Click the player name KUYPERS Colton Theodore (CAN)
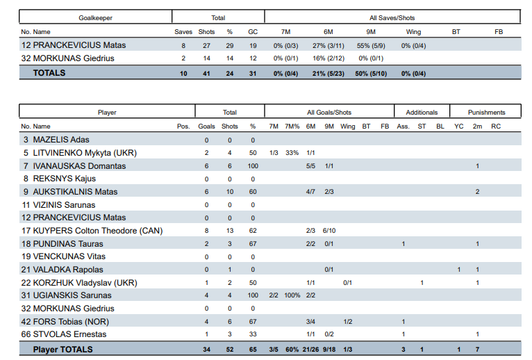[x=98, y=231]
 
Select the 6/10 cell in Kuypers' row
[x=329, y=231]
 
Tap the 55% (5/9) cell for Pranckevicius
[x=371, y=46]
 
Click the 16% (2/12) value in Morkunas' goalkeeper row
[x=329, y=58]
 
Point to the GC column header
[x=253, y=32]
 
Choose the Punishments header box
[x=485, y=111]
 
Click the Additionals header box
[x=422, y=111]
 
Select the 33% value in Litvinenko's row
[x=292, y=153]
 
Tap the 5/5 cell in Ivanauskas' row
[x=310, y=166]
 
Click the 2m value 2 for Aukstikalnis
[x=477, y=192]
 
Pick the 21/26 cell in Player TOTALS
[x=310, y=350]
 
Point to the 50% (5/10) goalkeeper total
[x=371, y=74]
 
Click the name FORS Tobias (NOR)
[x=71, y=322]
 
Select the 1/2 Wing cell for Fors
[x=348, y=322]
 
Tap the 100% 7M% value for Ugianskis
[x=292, y=295]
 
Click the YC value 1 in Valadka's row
[x=458, y=270]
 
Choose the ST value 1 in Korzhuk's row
[x=422, y=283]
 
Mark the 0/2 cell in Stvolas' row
[x=329, y=334]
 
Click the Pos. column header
[x=183, y=126]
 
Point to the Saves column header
[x=183, y=32]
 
